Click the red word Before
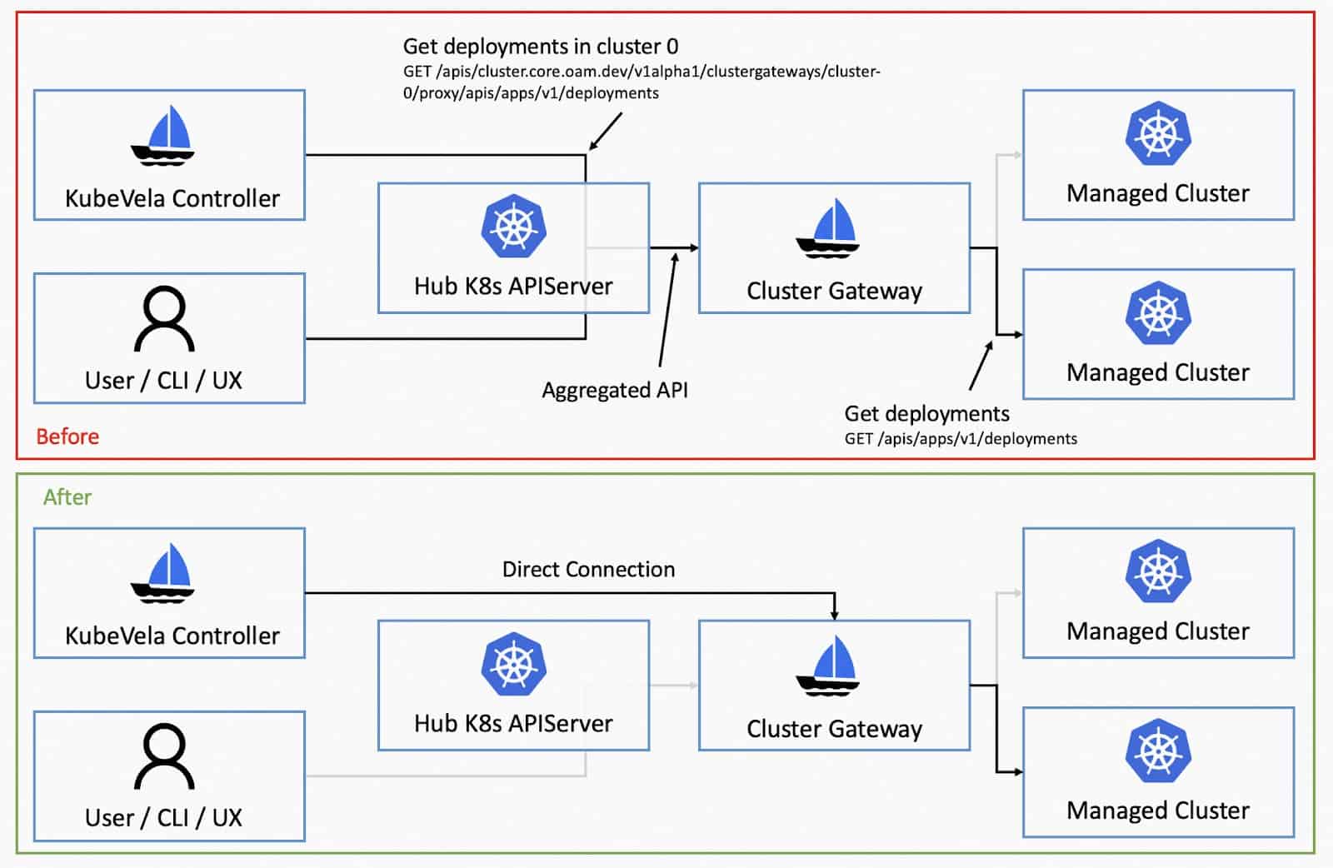pyautogui.click(x=67, y=436)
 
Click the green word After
pyautogui.click(x=67, y=496)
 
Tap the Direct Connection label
pyautogui.click(x=588, y=569)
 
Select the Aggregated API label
pyautogui.click(x=615, y=391)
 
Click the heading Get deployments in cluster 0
pyautogui.click(x=541, y=47)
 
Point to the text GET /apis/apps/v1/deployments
pyautogui.click(x=961, y=439)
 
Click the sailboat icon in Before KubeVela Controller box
pyautogui.click(x=162, y=136)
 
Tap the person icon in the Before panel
pyautogui.click(x=164, y=319)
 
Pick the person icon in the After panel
pyautogui.click(x=164, y=756)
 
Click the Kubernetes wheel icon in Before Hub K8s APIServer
pyautogui.click(x=513, y=226)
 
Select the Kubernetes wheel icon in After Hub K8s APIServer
pyautogui.click(x=513, y=664)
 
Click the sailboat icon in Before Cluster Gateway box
pyautogui.click(x=828, y=228)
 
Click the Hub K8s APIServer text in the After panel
pyautogui.click(x=513, y=723)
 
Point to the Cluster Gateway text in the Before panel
pyautogui.click(x=834, y=292)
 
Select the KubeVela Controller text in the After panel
pyautogui.click(x=172, y=636)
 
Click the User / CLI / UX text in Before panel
pyautogui.click(x=163, y=381)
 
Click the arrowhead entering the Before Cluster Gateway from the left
pyautogui.click(x=694, y=247)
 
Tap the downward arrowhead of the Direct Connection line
pyautogui.click(x=834, y=615)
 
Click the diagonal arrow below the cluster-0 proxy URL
pyautogui.click(x=605, y=132)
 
